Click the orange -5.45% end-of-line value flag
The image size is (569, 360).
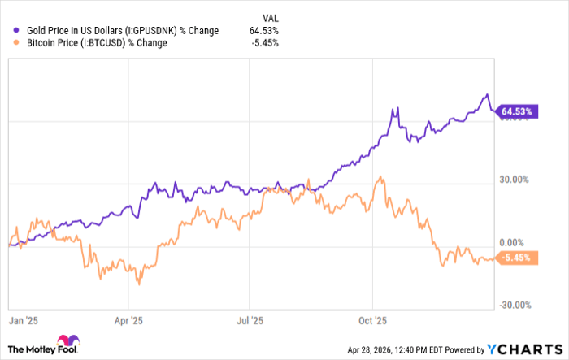(518, 258)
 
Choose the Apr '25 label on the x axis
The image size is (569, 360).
(129, 320)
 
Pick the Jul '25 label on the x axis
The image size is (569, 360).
(250, 320)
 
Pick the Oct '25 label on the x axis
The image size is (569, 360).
(371, 320)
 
